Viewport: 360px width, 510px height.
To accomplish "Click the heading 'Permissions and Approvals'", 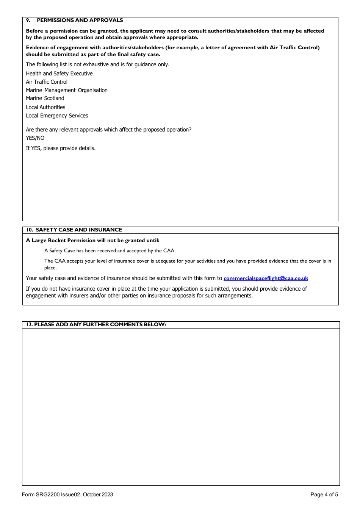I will pos(80,20).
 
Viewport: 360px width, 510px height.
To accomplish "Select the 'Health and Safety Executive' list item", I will pos(59,74).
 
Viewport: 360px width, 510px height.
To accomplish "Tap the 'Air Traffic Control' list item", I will pos(47,82).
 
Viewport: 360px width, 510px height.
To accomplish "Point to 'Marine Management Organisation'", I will pos(67,90).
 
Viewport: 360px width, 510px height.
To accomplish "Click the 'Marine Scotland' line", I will pos(45,98).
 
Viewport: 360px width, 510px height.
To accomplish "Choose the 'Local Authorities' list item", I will pos(45,107).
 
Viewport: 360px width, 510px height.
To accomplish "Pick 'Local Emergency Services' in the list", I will pos(57,116).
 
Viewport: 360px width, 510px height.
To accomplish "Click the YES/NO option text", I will pos(35,138).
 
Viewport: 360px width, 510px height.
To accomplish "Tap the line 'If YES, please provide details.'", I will pos(61,148).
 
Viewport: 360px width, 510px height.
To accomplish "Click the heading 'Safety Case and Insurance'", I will pos(79,230).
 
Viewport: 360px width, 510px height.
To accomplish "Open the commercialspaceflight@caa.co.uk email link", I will pos(266,278).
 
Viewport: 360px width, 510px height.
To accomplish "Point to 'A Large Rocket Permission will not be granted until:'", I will pos(92,240).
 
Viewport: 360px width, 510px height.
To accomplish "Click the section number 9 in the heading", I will pos(28,20).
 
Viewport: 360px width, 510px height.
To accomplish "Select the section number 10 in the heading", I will pos(29,230).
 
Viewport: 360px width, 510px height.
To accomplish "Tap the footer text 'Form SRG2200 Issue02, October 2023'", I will pos(67,494).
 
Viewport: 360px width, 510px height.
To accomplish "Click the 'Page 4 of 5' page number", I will pos(324,494).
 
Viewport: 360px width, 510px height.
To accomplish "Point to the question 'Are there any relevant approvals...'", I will pos(108,130).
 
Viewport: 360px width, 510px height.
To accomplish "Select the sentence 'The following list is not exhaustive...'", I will pos(97,64).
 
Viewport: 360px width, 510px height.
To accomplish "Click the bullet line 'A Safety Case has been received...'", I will pos(110,250).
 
